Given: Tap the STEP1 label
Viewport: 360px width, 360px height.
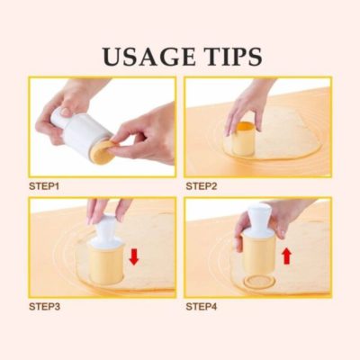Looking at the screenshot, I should click(x=44, y=185).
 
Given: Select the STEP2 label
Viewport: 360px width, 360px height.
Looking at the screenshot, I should click(x=201, y=185).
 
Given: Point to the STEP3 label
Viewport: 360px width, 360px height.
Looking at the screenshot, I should click(x=44, y=307).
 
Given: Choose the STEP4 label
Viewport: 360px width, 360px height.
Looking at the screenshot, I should click(x=201, y=307).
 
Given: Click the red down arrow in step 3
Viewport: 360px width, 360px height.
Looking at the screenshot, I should click(x=133, y=256).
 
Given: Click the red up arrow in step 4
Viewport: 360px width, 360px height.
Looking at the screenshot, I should click(x=287, y=257).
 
